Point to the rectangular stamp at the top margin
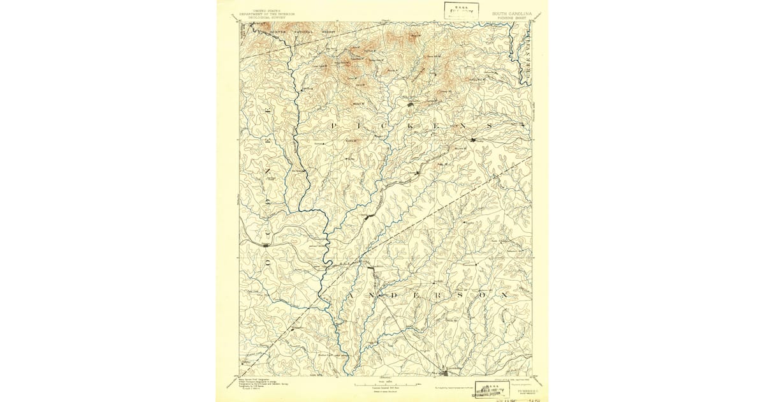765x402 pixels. [462, 9]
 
